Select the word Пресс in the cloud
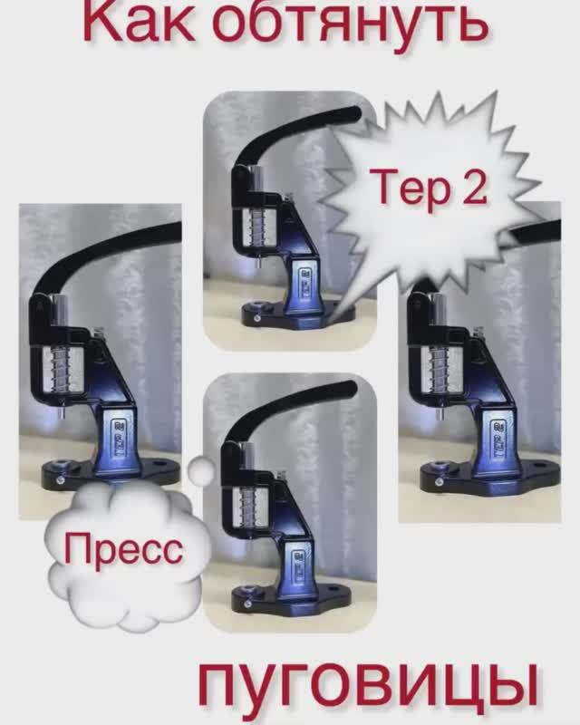pos(123,549)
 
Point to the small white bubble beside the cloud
pos(200,469)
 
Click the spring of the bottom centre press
pos(248,506)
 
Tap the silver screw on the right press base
pos(439,482)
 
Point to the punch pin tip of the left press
pos(61,415)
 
